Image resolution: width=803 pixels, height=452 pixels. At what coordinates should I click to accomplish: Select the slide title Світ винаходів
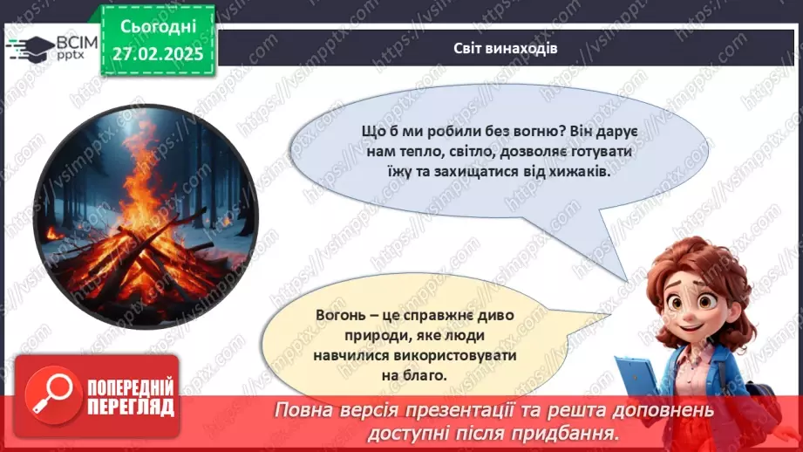coord(506,48)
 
